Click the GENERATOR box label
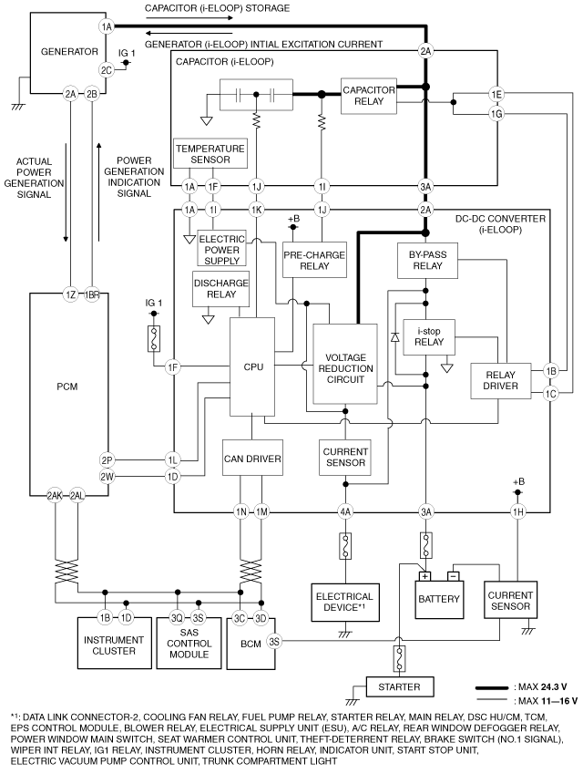[69, 51]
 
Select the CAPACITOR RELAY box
[369, 96]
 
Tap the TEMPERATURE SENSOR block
[210, 153]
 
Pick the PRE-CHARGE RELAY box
[314, 260]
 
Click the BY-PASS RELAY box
[427, 261]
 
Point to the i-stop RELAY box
[429, 337]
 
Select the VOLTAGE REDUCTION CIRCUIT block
[345, 364]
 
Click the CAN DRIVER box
[252, 458]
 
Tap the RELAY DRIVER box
[501, 380]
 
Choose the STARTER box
[400, 687]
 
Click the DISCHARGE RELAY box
[220, 289]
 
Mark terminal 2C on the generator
[107, 70]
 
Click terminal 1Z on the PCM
[70, 295]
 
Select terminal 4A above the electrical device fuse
[345, 512]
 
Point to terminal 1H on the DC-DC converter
[518, 512]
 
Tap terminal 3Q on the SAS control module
[178, 618]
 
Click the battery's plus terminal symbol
[424, 576]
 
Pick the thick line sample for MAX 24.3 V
[493, 687]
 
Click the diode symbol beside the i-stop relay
[395, 337]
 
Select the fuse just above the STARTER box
[399, 658]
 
